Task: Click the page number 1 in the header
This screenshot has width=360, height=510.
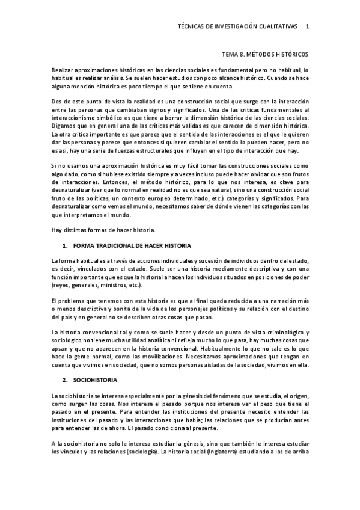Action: pyautogui.click(x=308, y=26)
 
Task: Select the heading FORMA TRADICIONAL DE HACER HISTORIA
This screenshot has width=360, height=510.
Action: pyautogui.click(x=132, y=247)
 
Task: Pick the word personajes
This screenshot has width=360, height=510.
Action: pyautogui.click(x=198, y=309)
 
